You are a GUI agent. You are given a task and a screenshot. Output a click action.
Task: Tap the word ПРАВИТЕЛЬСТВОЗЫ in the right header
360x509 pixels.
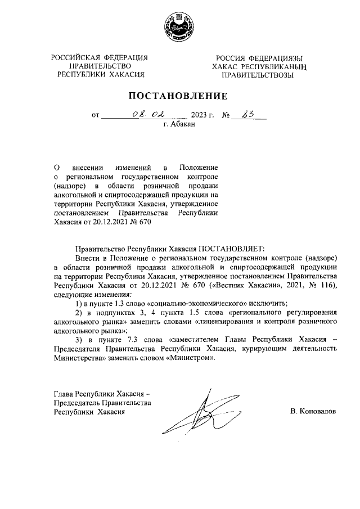pos(257,75)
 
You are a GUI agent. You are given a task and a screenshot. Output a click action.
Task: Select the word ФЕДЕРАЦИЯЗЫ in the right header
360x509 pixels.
pos(275,58)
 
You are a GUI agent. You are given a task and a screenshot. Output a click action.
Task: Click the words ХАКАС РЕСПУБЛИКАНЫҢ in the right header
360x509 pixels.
pos(258,66)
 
